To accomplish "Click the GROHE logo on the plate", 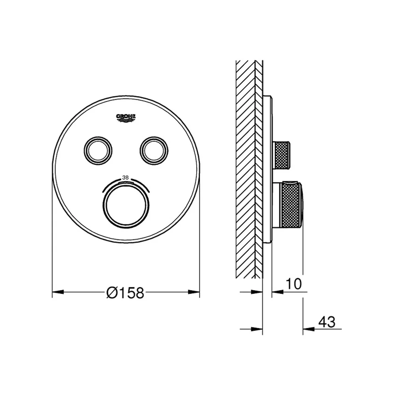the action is [x=126, y=118].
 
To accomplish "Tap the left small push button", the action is [x=98, y=151].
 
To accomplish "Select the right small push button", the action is [x=154, y=151].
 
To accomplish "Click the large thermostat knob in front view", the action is [x=126, y=205].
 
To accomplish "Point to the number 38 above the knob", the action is [x=125, y=178].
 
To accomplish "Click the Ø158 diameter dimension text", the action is [x=125, y=292].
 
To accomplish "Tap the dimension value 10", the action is [x=294, y=284].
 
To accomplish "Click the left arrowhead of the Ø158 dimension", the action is [x=58, y=292].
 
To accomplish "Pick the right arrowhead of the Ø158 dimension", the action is [x=194, y=292].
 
